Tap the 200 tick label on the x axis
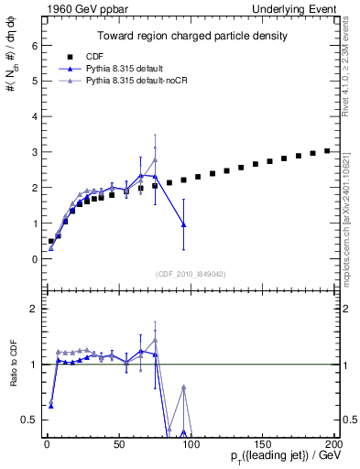pyautogui.click(x=333, y=444)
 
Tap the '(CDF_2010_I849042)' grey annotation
pyautogui.click(x=191, y=274)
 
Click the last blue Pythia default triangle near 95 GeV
pyautogui.click(x=184, y=224)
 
